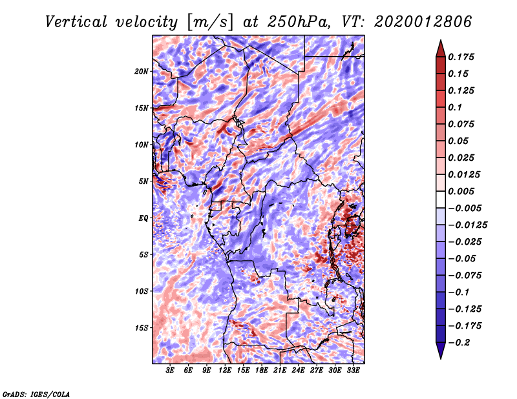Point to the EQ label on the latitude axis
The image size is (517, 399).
click(143, 218)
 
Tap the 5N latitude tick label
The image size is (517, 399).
click(143, 181)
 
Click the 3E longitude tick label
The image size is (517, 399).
click(170, 370)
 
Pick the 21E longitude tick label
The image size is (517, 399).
click(280, 370)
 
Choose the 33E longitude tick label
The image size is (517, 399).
click(353, 370)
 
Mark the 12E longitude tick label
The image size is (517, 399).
click(225, 370)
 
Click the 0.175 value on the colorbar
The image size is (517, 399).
click(463, 57)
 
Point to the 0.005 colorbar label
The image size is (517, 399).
click(463, 191)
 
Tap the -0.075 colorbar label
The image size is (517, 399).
click(467, 275)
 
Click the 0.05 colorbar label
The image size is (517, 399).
click(460, 141)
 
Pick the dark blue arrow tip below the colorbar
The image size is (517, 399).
click(440, 353)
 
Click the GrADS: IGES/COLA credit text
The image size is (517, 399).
click(36, 393)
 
